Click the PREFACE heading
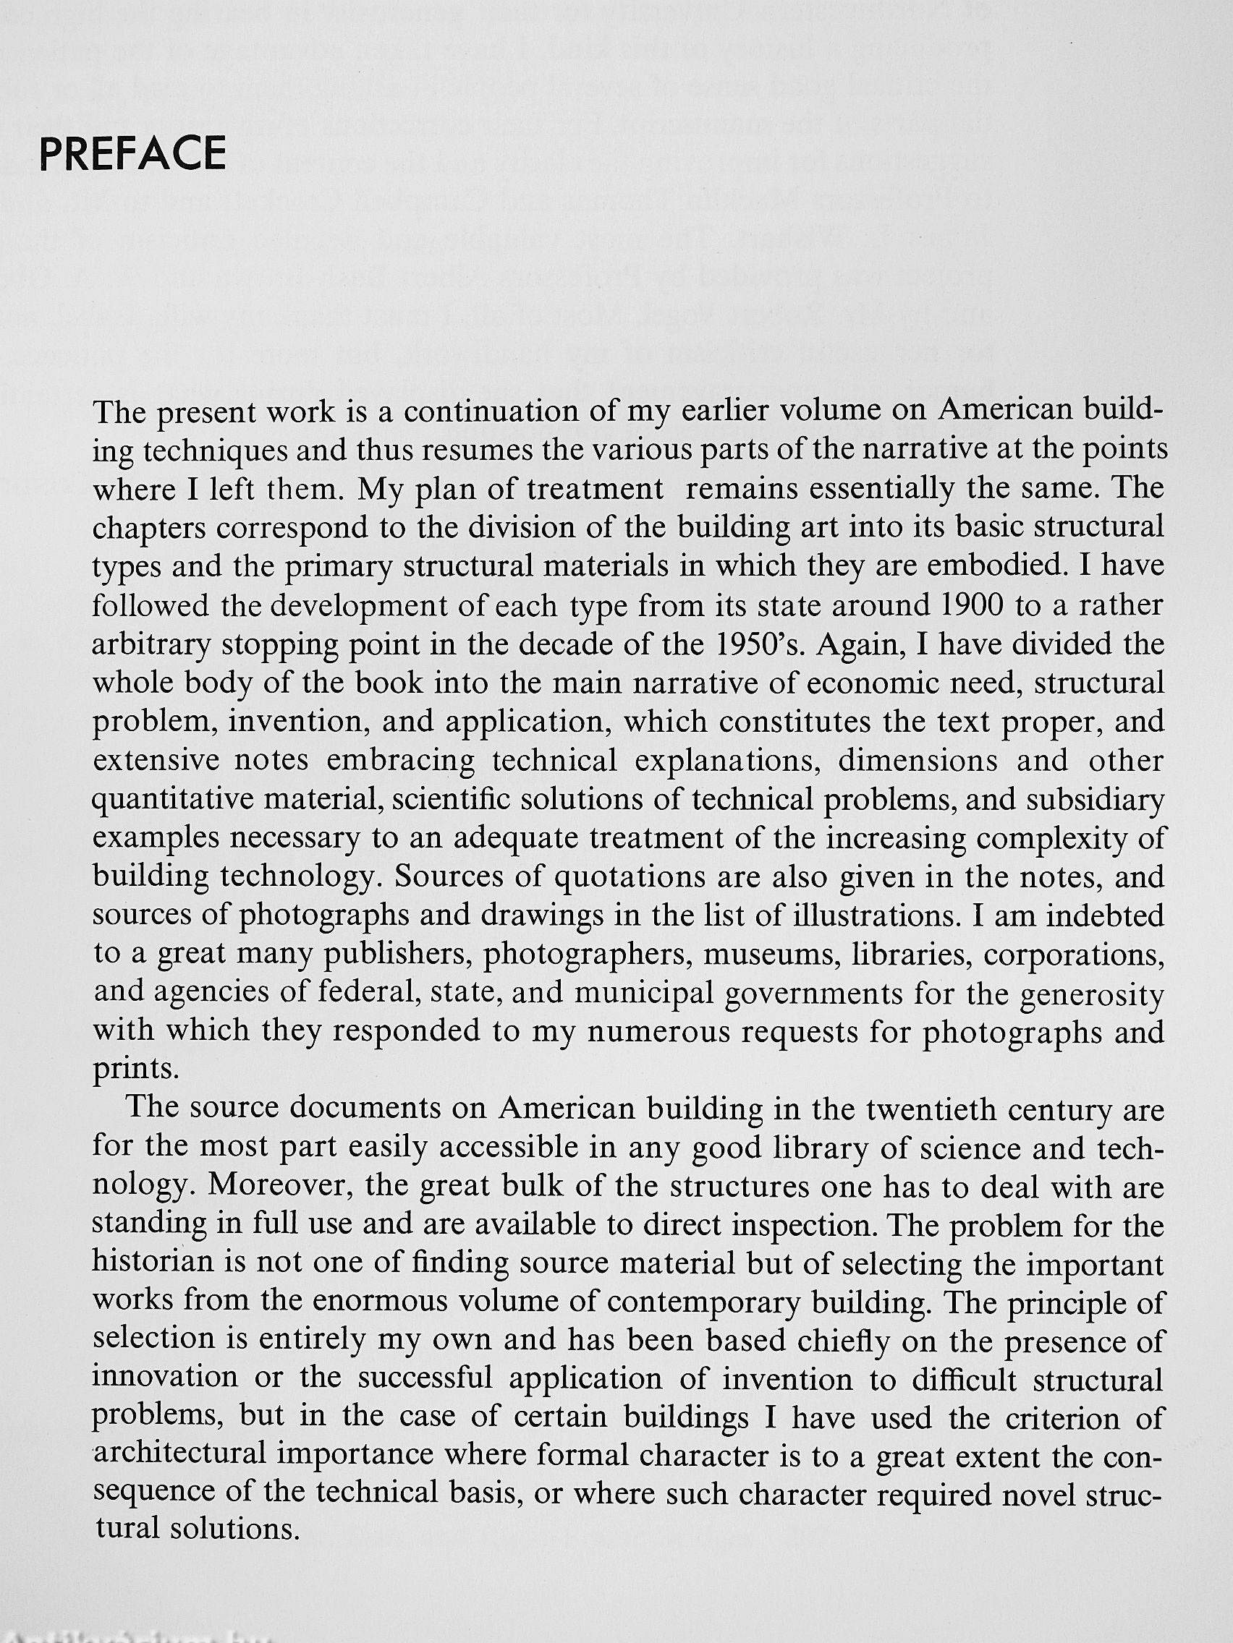pos(132,154)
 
